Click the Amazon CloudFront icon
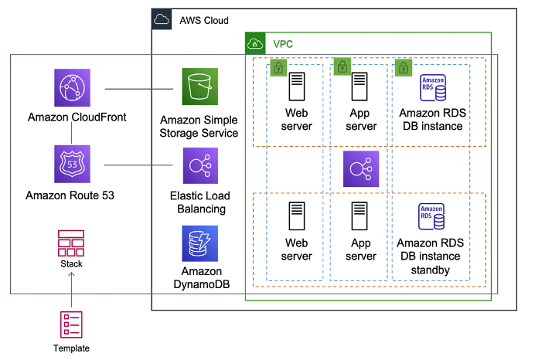[73, 87]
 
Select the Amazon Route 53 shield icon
[73, 164]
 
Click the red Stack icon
[72, 243]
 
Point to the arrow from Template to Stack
[72, 287]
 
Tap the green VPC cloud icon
[256, 44]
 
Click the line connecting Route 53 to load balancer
[137, 164]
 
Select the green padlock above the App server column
[342, 66]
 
